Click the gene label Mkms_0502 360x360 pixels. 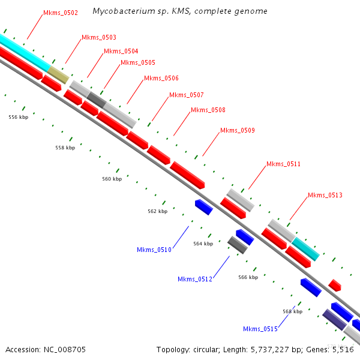coord(61,13)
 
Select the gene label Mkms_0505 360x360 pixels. coord(137,62)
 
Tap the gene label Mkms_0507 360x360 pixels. coord(186,95)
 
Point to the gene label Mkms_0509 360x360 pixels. coord(237,130)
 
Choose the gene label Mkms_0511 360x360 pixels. coord(283,164)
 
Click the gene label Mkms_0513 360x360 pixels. coord(325,195)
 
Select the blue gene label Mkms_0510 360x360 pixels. coord(154,250)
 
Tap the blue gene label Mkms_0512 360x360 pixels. coord(195,279)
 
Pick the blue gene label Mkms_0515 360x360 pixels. coord(260,329)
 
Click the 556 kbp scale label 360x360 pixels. coord(19,118)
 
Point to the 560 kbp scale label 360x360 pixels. coord(112,179)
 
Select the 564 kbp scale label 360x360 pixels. coord(203,244)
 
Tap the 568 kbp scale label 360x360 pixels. coord(293,311)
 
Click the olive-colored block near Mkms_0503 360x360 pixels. coord(58,75)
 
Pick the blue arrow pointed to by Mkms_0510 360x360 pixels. coord(203,207)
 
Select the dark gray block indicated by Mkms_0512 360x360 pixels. coord(238,245)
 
